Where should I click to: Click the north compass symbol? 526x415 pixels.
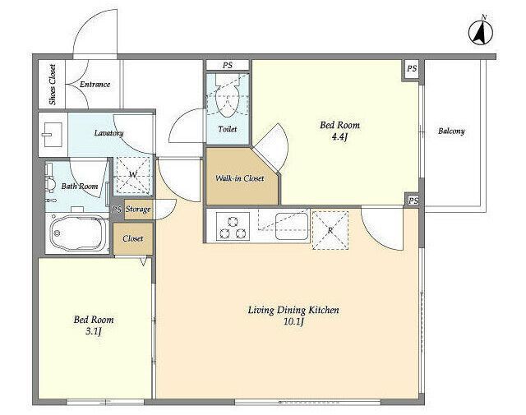coord(481,31)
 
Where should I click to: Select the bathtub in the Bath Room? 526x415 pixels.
coord(78,232)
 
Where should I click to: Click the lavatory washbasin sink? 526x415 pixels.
coord(52,135)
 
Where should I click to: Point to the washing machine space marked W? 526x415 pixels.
coord(133,175)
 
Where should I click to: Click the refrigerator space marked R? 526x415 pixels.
coord(330,230)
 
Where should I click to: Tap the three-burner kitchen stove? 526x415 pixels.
coord(233,226)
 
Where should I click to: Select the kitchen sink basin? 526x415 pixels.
coord(292,226)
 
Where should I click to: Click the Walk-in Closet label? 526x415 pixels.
coord(240,178)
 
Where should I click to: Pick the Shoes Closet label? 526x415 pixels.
coord(53,85)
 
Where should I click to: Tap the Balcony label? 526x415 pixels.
coord(451,131)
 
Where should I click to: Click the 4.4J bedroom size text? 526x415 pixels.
coord(339,137)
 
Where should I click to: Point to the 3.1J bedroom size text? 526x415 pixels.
coord(94,332)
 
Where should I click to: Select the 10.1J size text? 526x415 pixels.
coord(293,322)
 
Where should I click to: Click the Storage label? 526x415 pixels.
coord(138,210)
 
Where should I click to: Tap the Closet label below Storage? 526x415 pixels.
coord(133,238)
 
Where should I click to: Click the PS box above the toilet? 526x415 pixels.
coord(228,65)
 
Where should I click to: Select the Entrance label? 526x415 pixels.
coord(95,84)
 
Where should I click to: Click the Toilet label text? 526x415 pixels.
coord(228,129)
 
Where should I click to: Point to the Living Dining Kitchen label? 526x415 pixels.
coord(293,310)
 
